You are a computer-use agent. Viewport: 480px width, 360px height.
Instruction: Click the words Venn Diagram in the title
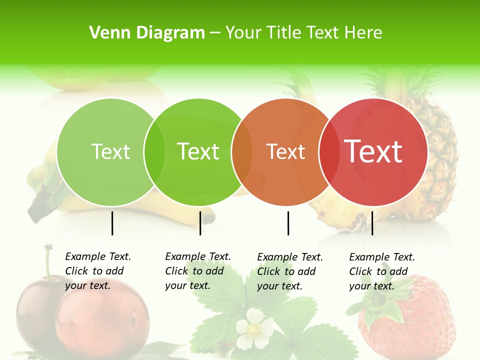147,33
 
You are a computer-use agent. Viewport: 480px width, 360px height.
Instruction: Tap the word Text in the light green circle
110,151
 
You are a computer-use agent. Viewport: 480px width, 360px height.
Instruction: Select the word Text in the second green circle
198,151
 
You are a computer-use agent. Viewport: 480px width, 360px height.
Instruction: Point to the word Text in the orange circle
286,152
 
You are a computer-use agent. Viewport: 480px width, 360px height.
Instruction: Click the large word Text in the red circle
373,151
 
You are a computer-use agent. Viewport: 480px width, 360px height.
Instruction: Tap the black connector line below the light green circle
112,223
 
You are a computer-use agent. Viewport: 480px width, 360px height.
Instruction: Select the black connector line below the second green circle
200,223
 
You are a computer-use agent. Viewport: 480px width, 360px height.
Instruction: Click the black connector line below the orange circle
288,223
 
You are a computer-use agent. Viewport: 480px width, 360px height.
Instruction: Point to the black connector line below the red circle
372,223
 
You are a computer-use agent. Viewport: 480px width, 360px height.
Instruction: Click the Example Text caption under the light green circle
98,271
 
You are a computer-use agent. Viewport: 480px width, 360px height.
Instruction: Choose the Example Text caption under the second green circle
198,271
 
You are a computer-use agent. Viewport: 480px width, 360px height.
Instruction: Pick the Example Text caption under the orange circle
290,271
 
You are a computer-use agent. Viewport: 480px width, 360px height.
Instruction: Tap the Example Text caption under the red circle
382,271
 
